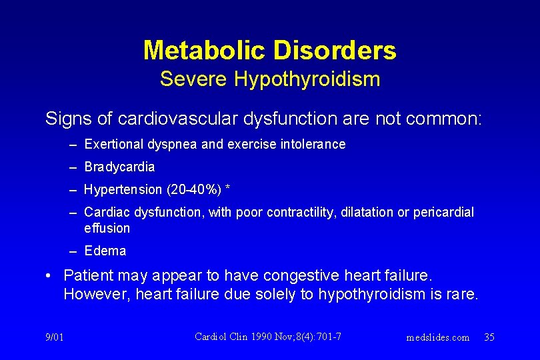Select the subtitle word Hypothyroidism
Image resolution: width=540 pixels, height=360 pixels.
pyautogui.click(x=307, y=79)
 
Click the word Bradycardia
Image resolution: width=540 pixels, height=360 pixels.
pyautogui.click(x=119, y=167)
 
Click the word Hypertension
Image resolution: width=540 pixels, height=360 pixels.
pyautogui.click(x=123, y=189)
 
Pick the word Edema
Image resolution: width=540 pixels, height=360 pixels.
pyautogui.click(x=105, y=251)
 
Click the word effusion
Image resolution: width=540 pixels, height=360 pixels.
pyautogui.click(x=107, y=228)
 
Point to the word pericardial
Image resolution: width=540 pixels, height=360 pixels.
pyautogui.click(x=444, y=212)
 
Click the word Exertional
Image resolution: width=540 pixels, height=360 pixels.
pyautogui.click(x=113, y=144)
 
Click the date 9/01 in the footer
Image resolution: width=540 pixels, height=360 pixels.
pyautogui.click(x=55, y=337)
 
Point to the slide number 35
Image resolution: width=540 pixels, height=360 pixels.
pyautogui.click(x=489, y=337)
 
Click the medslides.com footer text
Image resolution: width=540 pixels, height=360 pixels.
pyautogui.click(x=437, y=337)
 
